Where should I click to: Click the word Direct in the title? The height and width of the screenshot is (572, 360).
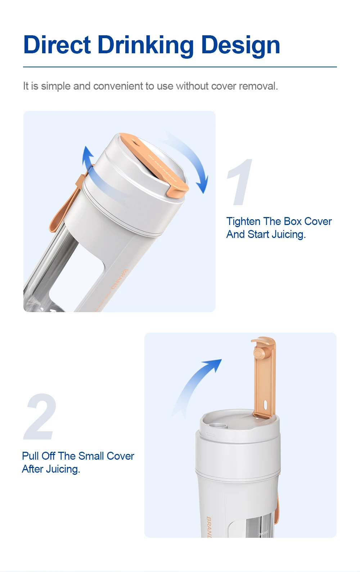click(x=57, y=45)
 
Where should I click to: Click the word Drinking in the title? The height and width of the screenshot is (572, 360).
click(x=145, y=46)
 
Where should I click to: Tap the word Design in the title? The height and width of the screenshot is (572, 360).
click(x=240, y=46)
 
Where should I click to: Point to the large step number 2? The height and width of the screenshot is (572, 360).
click(x=41, y=416)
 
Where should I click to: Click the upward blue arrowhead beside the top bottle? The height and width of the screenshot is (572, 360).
click(x=87, y=153)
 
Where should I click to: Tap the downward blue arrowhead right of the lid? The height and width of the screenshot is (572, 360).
click(x=203, y=185)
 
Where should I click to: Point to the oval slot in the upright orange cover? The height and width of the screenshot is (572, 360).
click(x=266, y=405)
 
